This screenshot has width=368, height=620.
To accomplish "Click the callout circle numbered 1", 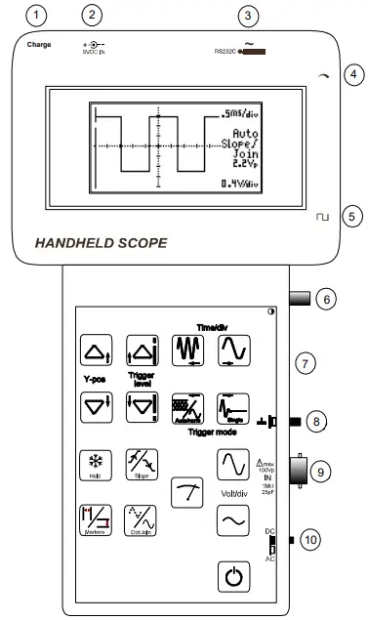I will (x=37, y=15).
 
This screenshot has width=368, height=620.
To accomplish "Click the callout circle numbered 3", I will (x=249, y=15).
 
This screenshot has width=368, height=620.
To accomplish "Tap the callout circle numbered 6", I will (x=328, y=299).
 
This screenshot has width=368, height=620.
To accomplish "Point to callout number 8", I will (x=313, y=422).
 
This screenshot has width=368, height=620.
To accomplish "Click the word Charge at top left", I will (x=39, y=45).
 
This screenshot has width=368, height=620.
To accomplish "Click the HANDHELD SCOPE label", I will (x=101, y=242).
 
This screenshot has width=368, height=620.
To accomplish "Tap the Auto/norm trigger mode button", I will (x=187, y=405).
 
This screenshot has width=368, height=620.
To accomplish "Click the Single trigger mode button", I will (x=233, y=405).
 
